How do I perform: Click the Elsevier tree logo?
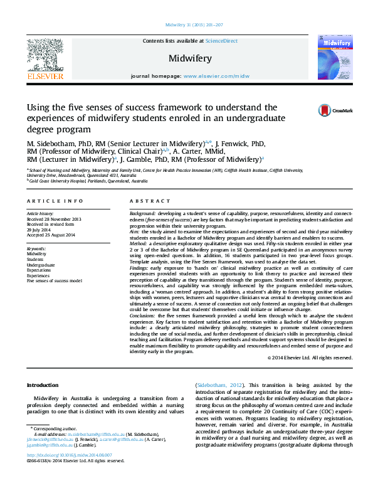coord(45,56)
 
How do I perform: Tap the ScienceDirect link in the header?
coord(222,41)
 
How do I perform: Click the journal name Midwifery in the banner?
coord(189,58)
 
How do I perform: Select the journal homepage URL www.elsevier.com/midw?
coord(216,75)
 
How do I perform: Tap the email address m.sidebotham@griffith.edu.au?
coord(95,433)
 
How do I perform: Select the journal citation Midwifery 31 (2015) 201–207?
coord(194,24)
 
